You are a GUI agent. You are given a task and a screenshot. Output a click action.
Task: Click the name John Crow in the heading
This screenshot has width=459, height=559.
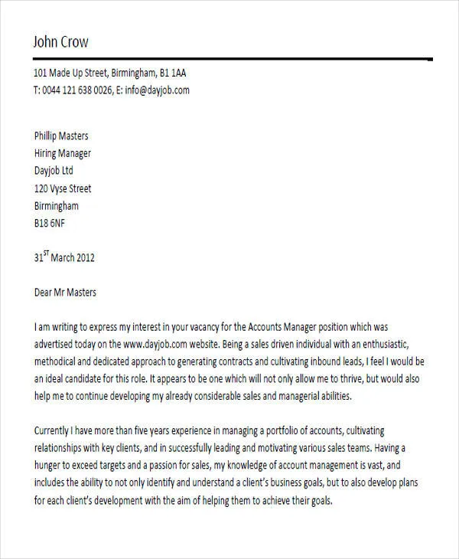click(60, 41)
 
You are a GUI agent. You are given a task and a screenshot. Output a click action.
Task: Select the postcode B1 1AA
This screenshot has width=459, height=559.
click(173, 74)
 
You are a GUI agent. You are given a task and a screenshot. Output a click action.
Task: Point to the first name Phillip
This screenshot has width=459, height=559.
click(50, 136)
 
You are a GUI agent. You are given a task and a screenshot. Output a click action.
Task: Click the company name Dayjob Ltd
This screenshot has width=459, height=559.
click(54, 171)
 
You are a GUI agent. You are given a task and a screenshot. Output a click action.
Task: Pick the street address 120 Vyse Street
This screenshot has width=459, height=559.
click(63, 188)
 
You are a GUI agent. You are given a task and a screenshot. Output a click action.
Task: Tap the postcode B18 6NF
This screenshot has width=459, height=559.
click(50, 224)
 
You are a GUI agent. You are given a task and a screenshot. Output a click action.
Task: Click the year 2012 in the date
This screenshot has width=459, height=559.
click(83, 258)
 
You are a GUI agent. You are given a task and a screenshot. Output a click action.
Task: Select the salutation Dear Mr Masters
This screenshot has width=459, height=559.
click(66, 293)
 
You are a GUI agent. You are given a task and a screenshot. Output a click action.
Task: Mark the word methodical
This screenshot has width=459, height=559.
click(60, 362)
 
